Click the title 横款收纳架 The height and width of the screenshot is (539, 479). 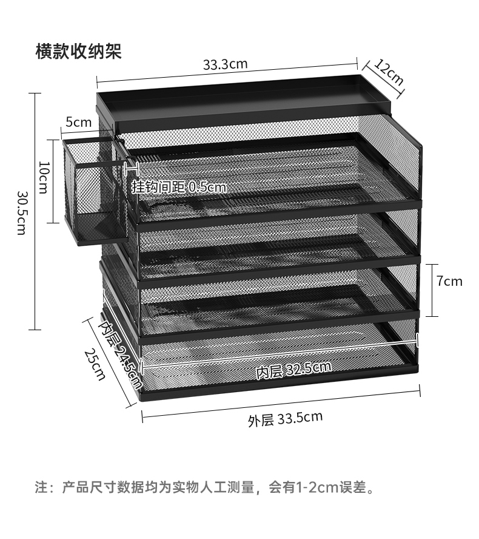click(x=79, y=52)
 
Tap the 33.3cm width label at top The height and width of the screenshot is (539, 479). click(x=225, y=64)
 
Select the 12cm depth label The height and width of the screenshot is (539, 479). click(x=389, y=72)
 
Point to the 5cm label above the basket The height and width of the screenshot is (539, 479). click(x=79, y=122)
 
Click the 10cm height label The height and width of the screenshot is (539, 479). click(x=44, y=178)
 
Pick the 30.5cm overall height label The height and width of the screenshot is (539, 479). click(x=22, y=213)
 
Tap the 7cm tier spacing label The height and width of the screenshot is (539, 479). click(x=449, y=281)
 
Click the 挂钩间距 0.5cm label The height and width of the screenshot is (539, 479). click(x=179, y=188)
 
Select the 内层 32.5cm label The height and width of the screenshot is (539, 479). click(x=293, y=370)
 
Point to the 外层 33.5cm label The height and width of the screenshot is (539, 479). click(x=286, y=419)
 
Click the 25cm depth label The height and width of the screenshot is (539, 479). click(x=95, y=364)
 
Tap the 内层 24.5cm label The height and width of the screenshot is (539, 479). click(x=120, y=354)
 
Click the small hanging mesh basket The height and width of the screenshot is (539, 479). click(x=95, y=192)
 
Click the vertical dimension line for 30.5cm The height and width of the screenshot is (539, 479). click(x=35, y=211)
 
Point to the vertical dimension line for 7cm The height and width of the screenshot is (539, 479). click(x=432, y=290)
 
